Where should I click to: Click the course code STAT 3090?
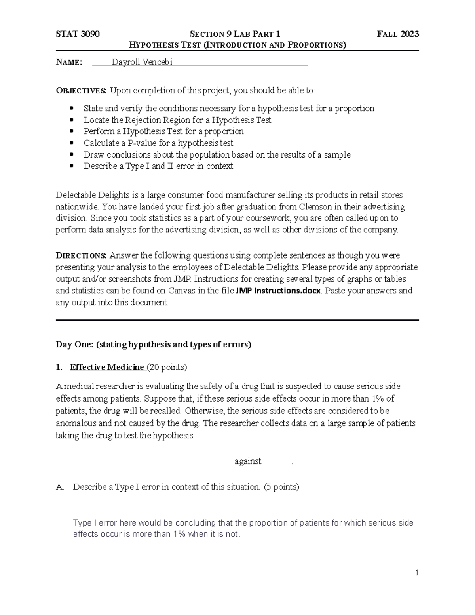click(78, 34)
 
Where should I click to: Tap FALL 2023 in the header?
click(398, 34)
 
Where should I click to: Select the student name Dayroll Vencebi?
click(142, 62)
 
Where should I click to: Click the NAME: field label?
click(69, 62)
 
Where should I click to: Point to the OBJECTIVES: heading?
click(81, 91)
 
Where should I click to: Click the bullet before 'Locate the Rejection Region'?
click(72, 120)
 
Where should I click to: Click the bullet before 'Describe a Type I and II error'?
click(72, 166)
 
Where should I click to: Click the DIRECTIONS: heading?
click(81, 255)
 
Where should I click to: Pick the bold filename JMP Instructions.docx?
click(278, 291)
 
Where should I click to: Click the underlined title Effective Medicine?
click(106, 367)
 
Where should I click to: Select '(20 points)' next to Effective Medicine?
click(167, 367)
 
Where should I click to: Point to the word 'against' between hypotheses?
click(248, 461)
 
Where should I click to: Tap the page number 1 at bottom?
click(417, 573)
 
